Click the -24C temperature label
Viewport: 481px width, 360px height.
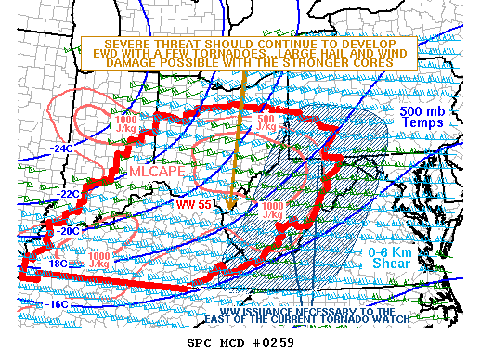click(63, 148)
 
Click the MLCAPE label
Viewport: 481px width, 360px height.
click(151, 172)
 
